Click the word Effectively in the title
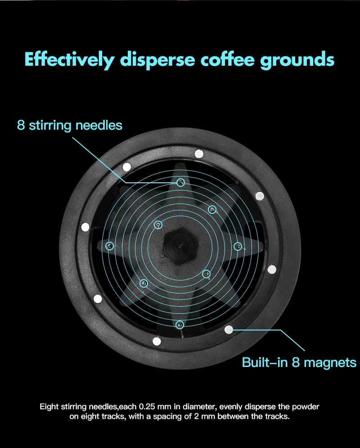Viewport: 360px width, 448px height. tap(69, 60)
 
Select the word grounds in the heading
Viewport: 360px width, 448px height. tap(297, 61)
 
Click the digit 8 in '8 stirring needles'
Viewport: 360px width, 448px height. tap(21, 125)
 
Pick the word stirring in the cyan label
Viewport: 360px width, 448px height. tap(50, 126)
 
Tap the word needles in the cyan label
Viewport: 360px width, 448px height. tap(99, 125)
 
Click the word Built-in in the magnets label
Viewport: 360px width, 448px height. tap(265, 362)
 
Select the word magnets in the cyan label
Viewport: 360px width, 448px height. tap(330, 363)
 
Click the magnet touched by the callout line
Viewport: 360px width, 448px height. tap(229, 330)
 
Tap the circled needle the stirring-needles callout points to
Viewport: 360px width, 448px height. tap(180, 182)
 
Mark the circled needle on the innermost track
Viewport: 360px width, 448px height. tap(158, 225)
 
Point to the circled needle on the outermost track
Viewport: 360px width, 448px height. tap(180, 325)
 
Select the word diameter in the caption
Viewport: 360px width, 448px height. tap(199, 407)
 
